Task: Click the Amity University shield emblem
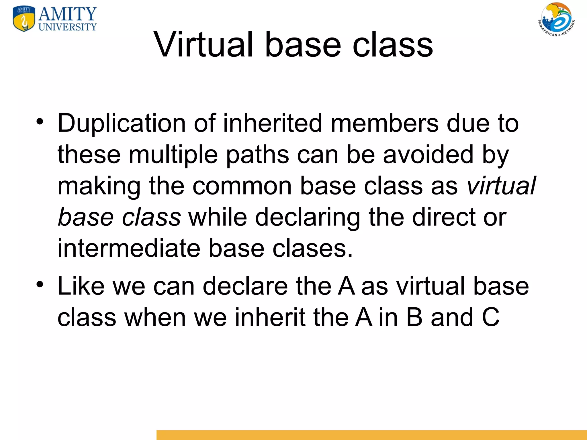point(24,19)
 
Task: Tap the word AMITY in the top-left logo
point(68,14)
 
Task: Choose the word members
point(385,123)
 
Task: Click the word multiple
point(173,155)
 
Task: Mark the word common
point(242,186)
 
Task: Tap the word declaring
point(308,218)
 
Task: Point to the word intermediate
point(129,248)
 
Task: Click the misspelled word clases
point(312,248)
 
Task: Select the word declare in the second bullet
point(245,286)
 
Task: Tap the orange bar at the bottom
point(371,435)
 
